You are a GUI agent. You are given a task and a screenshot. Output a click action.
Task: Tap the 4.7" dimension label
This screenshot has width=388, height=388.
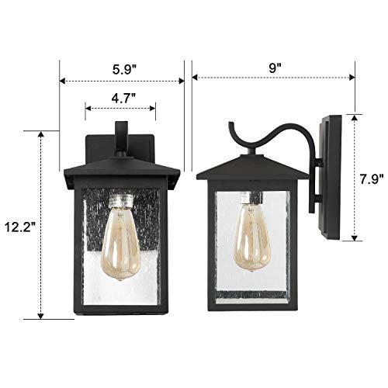pos(120,98)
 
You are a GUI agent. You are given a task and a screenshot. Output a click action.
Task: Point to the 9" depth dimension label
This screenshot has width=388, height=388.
pos(275,68)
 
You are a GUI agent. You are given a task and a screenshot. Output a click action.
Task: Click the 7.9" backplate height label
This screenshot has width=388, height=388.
pos(372,178)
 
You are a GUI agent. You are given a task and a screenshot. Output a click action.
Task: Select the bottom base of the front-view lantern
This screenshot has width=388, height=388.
pos(120,309)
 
